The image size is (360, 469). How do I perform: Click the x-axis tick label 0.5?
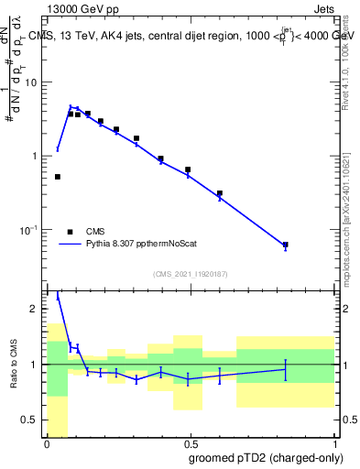[x=190, y=442]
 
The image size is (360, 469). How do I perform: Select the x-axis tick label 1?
[x=333, y=442]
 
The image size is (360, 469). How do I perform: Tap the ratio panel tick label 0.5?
[x=32, y=420]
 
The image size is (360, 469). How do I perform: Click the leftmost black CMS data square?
[x=58, y=177]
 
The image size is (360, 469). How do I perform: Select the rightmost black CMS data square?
[x=286, y=245]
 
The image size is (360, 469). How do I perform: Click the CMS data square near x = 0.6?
[x=220, y=193]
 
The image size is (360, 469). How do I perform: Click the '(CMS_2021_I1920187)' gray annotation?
[x=190, y=274]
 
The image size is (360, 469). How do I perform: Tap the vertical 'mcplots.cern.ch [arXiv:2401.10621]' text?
[x=352, y=211]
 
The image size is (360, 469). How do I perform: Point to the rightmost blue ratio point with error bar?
[x=286, y=369]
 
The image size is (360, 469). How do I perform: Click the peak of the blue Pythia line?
[x=71, y=107]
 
